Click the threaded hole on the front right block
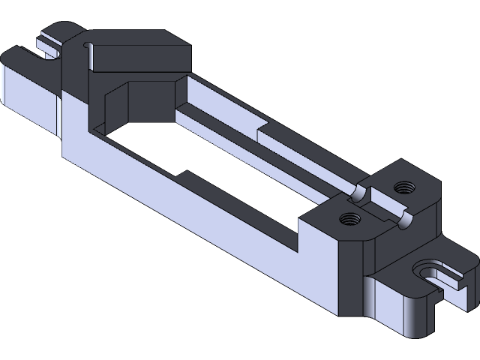[347, 219]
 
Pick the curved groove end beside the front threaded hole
[405, 220]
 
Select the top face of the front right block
[330, 225]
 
